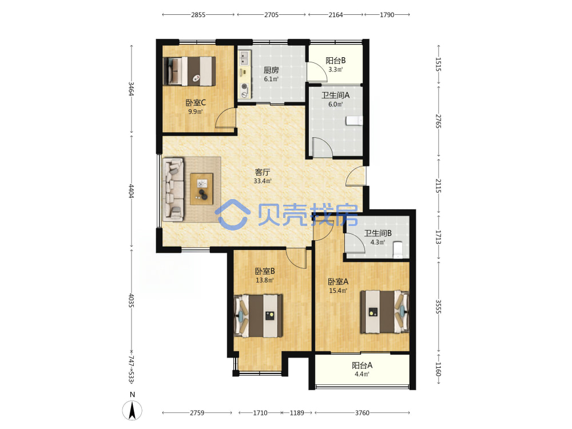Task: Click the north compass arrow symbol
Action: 132,410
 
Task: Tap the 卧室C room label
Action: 196,103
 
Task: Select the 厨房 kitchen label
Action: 271,70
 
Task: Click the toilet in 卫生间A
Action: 354,120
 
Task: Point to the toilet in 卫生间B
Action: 398,249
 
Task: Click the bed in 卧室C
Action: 189,71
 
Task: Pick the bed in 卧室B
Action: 259,316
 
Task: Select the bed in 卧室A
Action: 384,312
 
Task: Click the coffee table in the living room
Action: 201,189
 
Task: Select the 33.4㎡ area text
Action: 263,181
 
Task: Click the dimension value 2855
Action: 198,15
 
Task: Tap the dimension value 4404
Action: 131,191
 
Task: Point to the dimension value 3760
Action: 362,413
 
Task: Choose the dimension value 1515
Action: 438,64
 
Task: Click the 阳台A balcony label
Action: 362,366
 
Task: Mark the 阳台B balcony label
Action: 336,61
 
